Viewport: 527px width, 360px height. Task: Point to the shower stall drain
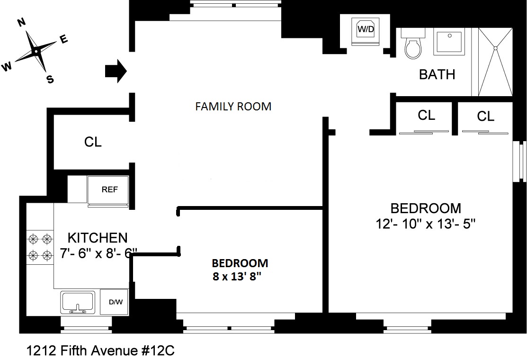pos(496,47)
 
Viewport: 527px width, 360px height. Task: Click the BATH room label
pos(437,74)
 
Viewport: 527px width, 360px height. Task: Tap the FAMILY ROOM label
pos(233,107)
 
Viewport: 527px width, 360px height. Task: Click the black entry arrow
pos(115,71)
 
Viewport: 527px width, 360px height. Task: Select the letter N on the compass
pos(21,22)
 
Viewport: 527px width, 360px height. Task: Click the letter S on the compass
pos(50,79)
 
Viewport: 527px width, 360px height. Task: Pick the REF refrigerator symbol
pos(109,190)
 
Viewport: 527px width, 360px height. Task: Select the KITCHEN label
pos(98,237)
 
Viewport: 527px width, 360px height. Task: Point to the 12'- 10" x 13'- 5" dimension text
pos(425,224)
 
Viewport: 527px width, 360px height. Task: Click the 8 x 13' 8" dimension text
pos(237,277)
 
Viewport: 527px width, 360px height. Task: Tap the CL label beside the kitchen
pos(93,142)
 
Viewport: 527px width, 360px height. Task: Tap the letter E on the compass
pos(64,40)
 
